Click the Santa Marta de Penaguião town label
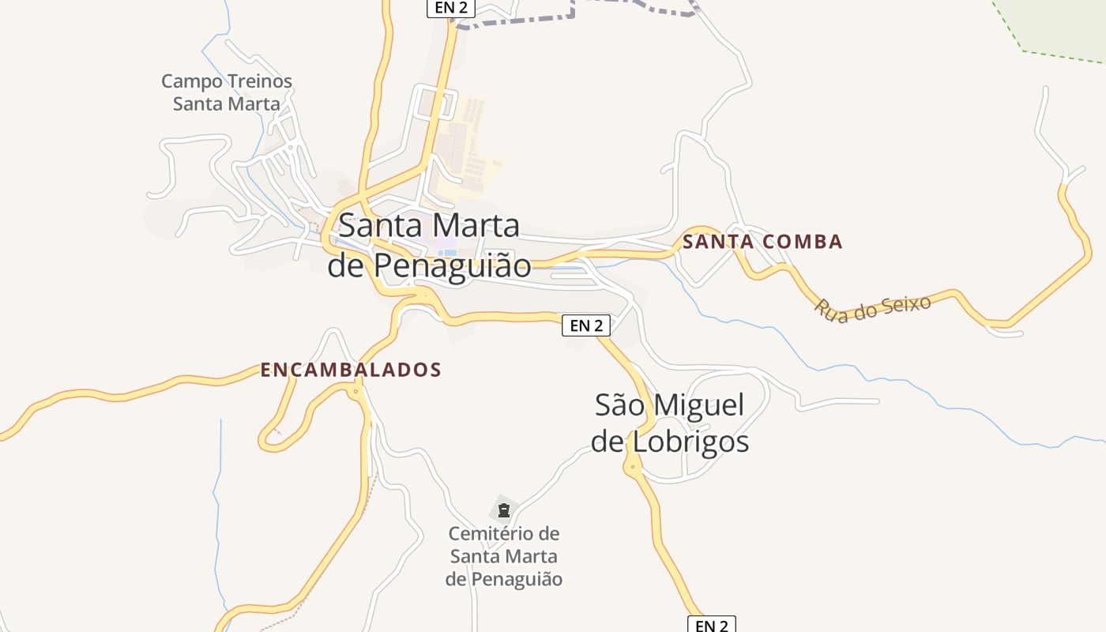coord(429,246)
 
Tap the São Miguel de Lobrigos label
coord(670,423)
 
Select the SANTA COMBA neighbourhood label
coord(762,242)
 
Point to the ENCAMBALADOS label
coord(351,370)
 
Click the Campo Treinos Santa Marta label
coord(227,92)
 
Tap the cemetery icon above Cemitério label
coord(504,510)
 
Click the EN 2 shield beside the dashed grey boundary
coord(451,8)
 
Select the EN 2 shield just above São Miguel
coord(586,325)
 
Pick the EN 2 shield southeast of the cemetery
coord(711,625)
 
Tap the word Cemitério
coord(504,533)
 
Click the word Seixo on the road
coord(904,301)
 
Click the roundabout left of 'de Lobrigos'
coord(631,467)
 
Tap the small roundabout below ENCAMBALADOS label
coord(356,390)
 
